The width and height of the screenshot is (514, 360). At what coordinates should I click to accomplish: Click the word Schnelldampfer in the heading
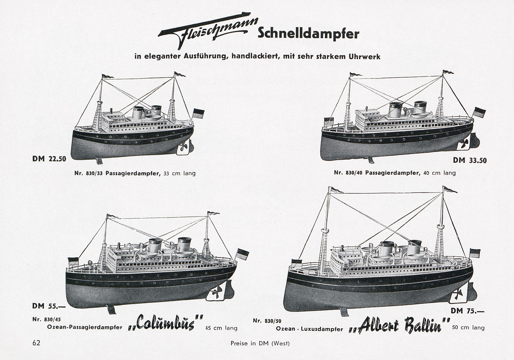(309, 34)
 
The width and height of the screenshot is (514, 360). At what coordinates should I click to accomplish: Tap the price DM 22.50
(49, 159)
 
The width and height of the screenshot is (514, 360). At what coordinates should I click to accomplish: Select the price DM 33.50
(470, 161)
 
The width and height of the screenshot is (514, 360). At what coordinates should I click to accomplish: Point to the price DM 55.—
(49, 306)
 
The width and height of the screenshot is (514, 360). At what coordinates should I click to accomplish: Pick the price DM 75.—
(468, 311)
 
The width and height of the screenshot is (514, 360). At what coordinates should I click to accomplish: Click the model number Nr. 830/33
(89, 174)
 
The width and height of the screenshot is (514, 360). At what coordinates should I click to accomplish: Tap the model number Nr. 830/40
(348, 172)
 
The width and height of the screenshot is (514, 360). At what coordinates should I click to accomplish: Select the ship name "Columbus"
(165, 323)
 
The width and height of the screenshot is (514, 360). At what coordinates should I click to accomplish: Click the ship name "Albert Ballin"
(399, 325)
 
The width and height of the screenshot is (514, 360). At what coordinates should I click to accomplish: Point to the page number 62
(36, 343)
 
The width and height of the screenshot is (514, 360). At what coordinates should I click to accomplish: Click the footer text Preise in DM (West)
(260, 343)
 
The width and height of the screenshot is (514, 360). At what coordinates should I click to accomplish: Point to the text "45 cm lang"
(222, 328)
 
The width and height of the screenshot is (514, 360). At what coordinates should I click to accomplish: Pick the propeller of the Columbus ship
(216, 292)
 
